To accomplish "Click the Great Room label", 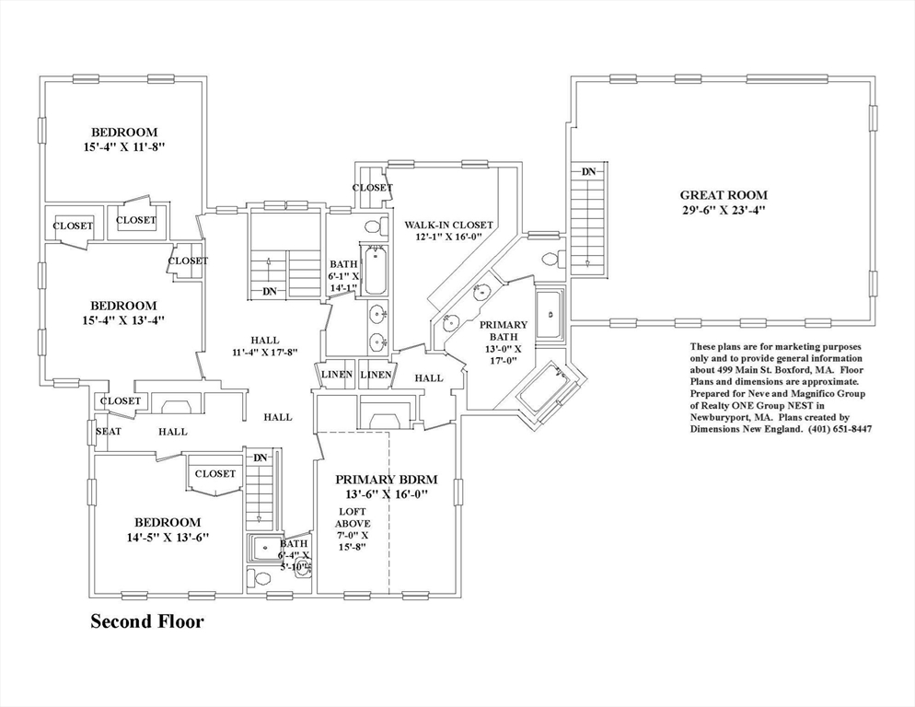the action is click(x=724, y=195).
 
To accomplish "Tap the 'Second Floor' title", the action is click(x=147, y=621).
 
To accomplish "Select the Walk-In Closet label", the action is click(x=448, y=225).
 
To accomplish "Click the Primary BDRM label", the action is click(x=387, y=480).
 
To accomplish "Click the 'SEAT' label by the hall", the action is click(x=109, y=432).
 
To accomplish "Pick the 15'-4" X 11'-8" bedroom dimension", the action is click(x=125, y=147).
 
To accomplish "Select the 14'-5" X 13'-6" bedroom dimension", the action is click(x=168, y=537).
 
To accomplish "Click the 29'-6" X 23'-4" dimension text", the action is click(x=724, y=210).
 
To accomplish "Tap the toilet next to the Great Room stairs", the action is click(x=553, y=259).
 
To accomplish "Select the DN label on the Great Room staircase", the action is click(x=589, y=171).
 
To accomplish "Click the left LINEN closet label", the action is click(x=337, y=375).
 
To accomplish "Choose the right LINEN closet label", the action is click(x=376, y=375).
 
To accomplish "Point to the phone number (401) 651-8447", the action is click(x=840, y=428).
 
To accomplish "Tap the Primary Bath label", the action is click(x=504, y=330).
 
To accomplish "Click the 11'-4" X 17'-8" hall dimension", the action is click(x=265, y=352).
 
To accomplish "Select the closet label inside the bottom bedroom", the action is click(x=215, y=473).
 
